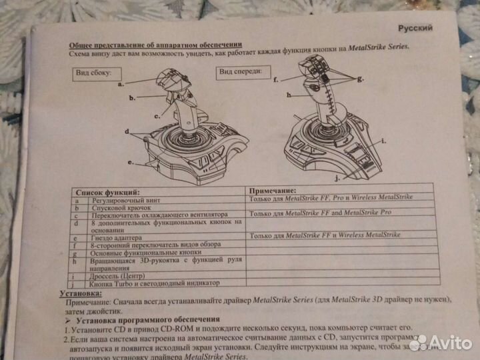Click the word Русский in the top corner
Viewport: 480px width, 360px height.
pyautogui.click(x=415, y=28)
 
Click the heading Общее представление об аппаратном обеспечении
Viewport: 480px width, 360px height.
pyautogui.click(x=155, y=41)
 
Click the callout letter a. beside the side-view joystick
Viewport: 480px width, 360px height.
pyautogui.click(x=122, y=85)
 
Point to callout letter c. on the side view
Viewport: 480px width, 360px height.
pyautogui.click(x=158, y=116)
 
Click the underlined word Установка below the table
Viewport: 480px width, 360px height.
pyautogui.click(x=81, y=293)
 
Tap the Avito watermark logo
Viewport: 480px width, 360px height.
pyautogui.click(x=441, y=343)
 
